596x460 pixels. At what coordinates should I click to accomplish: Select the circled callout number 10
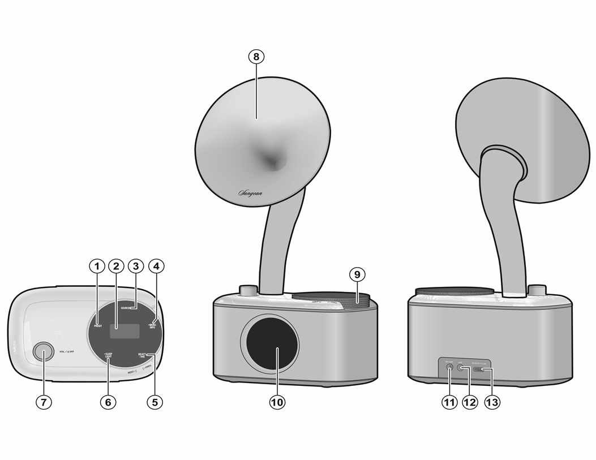[277, 402]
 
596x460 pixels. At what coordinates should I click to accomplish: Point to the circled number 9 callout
[357, 274]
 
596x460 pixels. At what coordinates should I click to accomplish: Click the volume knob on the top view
[42, 351]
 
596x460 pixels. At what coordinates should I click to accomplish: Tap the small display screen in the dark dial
[125, 331]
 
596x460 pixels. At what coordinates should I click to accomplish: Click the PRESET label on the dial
[98, 326]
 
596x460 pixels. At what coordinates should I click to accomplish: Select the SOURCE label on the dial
[126, 308]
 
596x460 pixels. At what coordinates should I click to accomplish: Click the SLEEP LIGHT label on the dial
[109, 355]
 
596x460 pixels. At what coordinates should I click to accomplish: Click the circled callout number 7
[44, 402]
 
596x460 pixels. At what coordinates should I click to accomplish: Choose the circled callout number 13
[492, 402]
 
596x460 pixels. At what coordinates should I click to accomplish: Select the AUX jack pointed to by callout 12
[464, 369]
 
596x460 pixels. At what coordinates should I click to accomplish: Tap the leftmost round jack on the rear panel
[449, 369]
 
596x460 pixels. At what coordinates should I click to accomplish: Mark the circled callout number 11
[449, 402]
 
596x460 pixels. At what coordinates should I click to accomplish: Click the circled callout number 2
[115, 265]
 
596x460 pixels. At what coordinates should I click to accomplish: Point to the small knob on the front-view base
[247, 290]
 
